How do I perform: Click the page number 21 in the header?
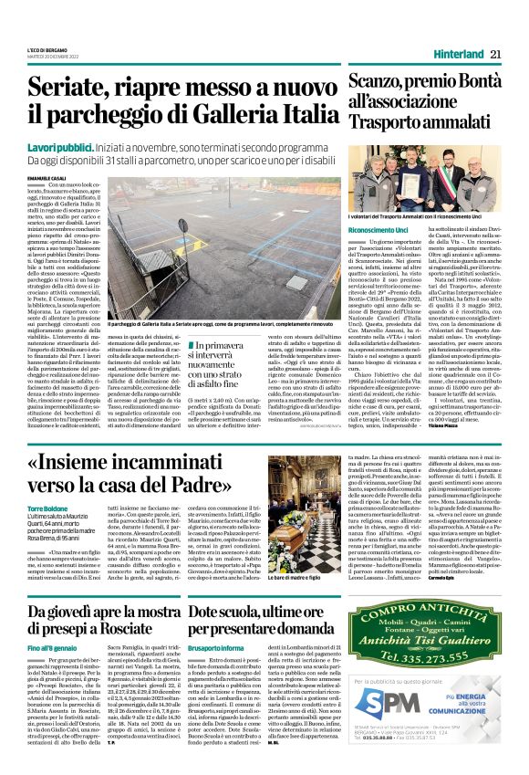click(x=495, y=55)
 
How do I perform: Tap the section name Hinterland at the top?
click(x=459, y=55)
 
